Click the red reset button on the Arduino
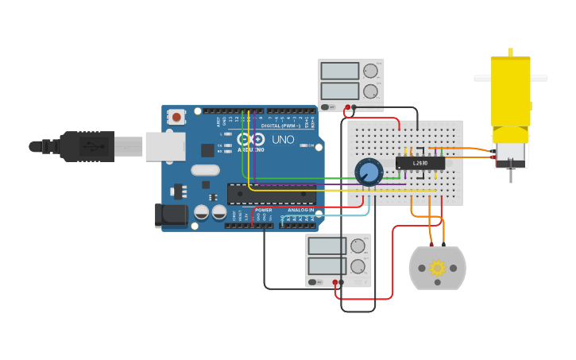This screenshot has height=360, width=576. [176, 118]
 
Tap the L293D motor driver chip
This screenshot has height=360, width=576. [420, 163]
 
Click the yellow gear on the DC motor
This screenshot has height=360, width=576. [437, 268]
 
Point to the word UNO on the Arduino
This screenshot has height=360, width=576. [284, 140]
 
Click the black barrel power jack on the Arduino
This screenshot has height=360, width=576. [171, 215]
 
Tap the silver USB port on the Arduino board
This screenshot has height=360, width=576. [165, 146]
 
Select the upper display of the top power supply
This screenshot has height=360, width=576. [340, 71]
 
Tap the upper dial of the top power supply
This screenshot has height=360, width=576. [370, 71]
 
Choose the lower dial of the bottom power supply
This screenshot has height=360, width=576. [358, 266]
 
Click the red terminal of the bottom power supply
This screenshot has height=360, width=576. [336, 282]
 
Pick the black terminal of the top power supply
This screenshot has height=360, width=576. [354, 106]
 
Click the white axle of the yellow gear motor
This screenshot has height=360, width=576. [510, 78]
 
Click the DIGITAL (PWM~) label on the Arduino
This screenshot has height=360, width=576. [281, 126]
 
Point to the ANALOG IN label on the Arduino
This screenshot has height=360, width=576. [300, 210]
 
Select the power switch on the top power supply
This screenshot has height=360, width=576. [327, 106]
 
